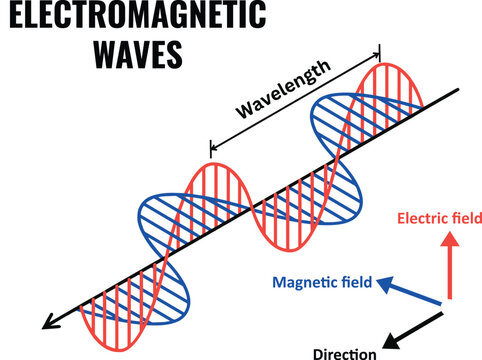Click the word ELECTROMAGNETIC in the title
(x=132, y=18)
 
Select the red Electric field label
(x=440, y=217)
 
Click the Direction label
(x=344, y=352)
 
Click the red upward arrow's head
(x=449, y=238)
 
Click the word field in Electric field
(x=465, y=217)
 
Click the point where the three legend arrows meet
(x=448, y=304)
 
